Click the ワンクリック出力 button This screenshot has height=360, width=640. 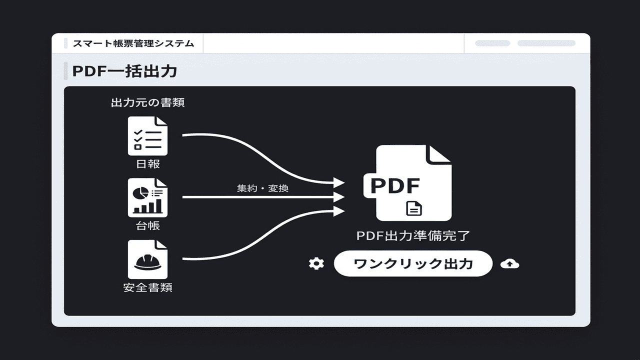[x=413, y=263]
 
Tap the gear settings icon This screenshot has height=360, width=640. [x=316, y=263]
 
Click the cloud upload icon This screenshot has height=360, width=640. [x=509, y=263]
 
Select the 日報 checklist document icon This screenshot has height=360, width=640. [x=147, y=136]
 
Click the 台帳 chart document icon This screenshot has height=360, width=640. [x=147, y=198]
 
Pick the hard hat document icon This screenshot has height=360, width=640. [x=147, y=259]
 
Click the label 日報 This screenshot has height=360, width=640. [x=148, y=163]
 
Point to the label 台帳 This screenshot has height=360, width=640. [x=148, y=225]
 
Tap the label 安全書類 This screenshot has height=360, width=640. [x=148, y=288]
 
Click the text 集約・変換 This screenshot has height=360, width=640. [x=262, y=188]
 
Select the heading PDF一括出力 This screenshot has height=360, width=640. [x=125, y=71]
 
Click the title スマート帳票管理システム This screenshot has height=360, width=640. [x=133, y=43]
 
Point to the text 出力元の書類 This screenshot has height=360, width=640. [x=148, y=103]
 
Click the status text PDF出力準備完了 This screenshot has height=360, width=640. [x=413, y=235]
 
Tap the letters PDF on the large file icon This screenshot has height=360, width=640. [x=395, y=185]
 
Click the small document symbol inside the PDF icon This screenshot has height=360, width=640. [x=414, y=208]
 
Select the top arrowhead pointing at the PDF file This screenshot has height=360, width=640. [x=339, y=182]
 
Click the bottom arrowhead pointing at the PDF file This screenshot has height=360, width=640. [x=339, y=210]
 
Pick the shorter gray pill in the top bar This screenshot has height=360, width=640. [x=492, y=43]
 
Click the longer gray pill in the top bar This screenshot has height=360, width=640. [x=546, y=43]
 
